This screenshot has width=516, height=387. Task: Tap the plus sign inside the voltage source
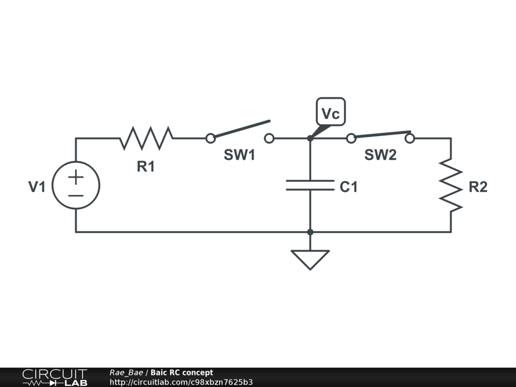76,177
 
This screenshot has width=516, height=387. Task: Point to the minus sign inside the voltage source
76,196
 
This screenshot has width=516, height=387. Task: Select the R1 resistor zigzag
146,138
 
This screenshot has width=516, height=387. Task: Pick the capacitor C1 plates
310,185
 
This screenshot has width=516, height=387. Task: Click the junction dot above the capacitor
310,138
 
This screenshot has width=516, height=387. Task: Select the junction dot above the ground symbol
310,232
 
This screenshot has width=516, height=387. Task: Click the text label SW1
239,155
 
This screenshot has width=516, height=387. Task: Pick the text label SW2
380,155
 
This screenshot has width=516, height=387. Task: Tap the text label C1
349,187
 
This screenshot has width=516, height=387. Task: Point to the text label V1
36,187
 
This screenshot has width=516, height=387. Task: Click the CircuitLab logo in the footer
54,377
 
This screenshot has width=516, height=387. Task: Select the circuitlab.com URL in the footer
181,382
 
